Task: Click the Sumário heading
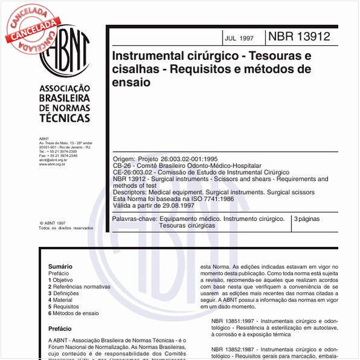tap(60, 266)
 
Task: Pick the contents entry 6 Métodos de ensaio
tap(73, 313)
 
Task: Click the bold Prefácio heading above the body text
tap(59, 329)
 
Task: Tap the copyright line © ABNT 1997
tap(51, 223)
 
